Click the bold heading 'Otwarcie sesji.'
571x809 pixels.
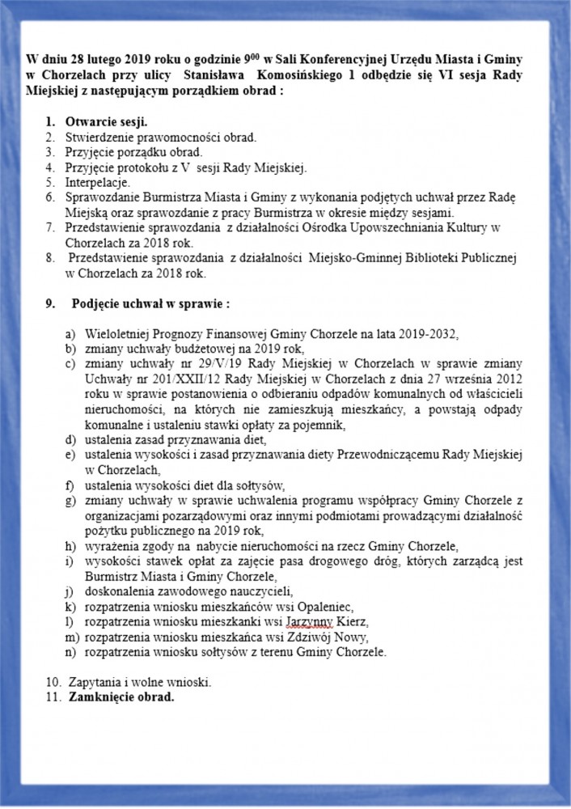(x=106, y=122)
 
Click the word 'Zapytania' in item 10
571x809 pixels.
(x=92, y=682)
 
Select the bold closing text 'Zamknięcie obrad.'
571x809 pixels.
(x=121, y=697)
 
